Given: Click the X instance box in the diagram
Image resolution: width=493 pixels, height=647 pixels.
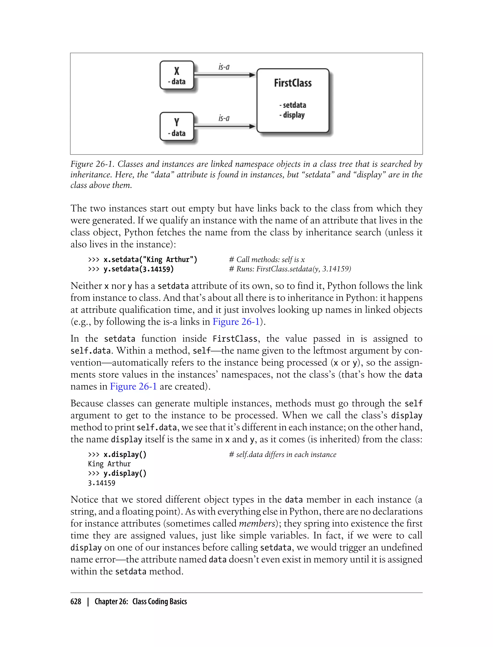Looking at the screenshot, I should click(177, 75).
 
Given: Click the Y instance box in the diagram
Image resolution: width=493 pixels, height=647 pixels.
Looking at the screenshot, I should click(177, 126).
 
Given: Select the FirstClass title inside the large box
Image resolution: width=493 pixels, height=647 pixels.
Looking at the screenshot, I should click(292, 83).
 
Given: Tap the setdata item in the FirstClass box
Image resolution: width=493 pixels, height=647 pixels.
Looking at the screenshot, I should click(293, 105).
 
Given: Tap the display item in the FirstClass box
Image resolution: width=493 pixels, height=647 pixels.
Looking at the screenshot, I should click(292, 115).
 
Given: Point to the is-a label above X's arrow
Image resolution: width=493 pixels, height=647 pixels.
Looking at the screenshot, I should click(224, 67).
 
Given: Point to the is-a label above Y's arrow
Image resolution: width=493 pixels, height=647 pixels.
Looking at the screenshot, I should click(224, 118).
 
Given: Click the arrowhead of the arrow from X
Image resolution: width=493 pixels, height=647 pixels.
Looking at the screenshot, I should click(252, 75).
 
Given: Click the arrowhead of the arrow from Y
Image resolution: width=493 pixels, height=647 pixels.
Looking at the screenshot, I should click(252, 126).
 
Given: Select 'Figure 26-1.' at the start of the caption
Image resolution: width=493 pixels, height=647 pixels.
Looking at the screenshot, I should click(92, 164).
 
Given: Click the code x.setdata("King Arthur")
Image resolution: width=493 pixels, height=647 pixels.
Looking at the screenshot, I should click(150, 260).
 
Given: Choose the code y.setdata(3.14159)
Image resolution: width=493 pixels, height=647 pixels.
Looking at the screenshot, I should click(138, 269).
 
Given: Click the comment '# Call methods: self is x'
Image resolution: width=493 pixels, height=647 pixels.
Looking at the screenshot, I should click(267, 260).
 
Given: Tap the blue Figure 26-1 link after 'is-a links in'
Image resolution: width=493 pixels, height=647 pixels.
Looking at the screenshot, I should click(236, 322).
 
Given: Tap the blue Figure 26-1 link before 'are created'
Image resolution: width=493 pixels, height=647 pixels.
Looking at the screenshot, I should click(134, 386).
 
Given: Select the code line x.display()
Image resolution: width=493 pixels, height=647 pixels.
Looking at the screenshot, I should click(125, 454).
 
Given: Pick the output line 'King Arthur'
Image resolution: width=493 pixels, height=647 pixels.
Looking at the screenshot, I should click(109, 464).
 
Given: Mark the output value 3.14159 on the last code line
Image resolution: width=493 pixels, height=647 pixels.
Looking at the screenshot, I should click(102, 483).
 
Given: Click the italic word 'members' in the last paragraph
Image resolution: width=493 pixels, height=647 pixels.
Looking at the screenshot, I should click(257, 524).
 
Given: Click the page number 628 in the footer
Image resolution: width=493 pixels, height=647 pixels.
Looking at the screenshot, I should click(76, 602).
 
